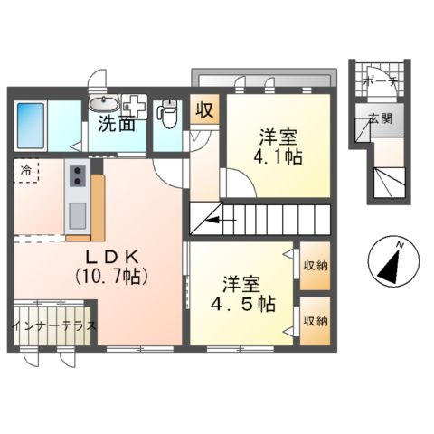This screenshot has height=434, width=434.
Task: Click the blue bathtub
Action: (x=31, y=126)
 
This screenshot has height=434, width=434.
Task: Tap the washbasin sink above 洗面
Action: (x=103, y=104)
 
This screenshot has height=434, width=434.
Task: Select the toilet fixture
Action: (x=167, y=114)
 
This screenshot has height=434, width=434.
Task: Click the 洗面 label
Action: (x=117, y=124)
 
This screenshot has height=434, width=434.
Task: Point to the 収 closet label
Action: (x=204, y=109)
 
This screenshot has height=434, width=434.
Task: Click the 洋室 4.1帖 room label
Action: (x=278, y=146)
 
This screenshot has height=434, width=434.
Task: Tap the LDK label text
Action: (x=112, y=257)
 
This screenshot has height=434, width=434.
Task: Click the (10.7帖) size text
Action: (x=112, y=277)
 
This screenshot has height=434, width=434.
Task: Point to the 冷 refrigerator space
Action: (x=26, y=170)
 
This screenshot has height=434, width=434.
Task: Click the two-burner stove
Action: (x=78, y=176)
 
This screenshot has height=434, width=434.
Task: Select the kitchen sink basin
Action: (x=77, y=215)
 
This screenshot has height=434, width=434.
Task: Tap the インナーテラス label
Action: (x=54, y=326)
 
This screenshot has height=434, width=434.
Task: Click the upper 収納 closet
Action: (x=315, y=266)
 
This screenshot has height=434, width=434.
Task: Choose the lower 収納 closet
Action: (x=315, y=321)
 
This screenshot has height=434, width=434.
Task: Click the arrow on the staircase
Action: (x=221, y=220)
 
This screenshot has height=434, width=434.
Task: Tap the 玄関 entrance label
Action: (x=381, y=119)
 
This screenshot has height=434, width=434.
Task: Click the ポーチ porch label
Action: (x=381, y=81)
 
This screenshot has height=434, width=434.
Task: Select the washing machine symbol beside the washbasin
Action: (x=135, y=106)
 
